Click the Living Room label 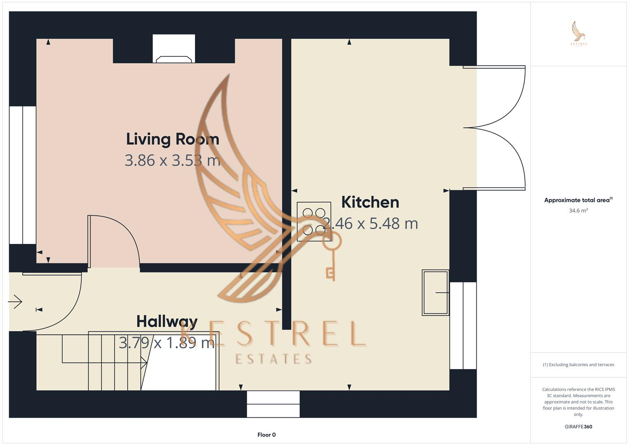pyautogui.click(x=173, y=139)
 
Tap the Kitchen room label pyautogui.click(x=370, y=202)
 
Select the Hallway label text pyautogui.click(x=167, y=321)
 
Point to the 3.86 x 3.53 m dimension pyautogui.click(x=173, y=160)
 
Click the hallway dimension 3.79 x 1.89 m pyautogui.click(x=167, y=343)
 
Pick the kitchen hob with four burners pyautogui.click(x=314, y=222)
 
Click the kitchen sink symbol pyautogui.click(x=435, y=293)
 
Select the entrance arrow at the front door pyautogui.click(x=15, y=302)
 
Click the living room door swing pyautogui.click(x=114, y=241)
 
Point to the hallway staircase pyautogui.click(x=115, y=361)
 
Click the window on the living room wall pyautogui.click(x=23, y=175)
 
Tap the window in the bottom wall pyautogui.click(x=273, y=404)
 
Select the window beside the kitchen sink pyautogui.click(x=463, y=326)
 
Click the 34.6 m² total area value pyautogui.click(x=578, y=211)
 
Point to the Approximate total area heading pyautogui.click(x=578, y=200)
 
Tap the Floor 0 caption pyautogui.click(x=267, y=435)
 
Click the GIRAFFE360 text pyautogui.click(x=578, y=426)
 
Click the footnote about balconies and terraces pyautogui.click(x=578, y=365)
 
